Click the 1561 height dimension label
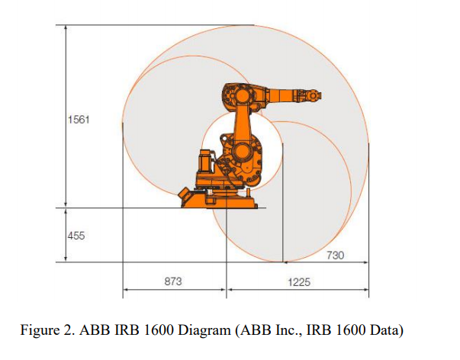(x=79, y=120)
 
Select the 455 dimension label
(x=76, y=236)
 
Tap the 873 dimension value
(x=173, y=281)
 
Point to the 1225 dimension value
(x=299, y=282)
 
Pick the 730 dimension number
(x=336, y=256)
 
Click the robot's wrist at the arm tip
(x=313, y=96)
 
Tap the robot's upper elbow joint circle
(x=243, y=96)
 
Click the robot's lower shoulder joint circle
(x=241, y=151)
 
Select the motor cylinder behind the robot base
(x=207, y=160)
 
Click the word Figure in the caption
(x=40, y=330)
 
